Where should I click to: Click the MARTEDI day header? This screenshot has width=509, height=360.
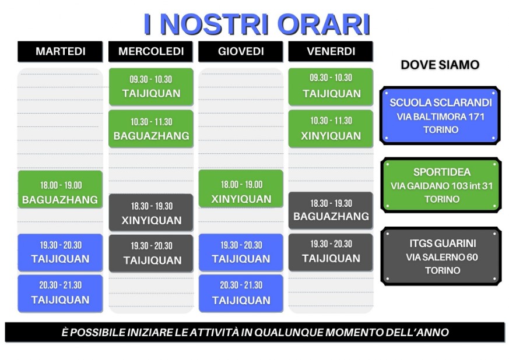point(60,51)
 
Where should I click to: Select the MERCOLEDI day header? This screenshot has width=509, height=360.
point(150,51)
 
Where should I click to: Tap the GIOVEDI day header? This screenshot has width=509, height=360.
point(241,51)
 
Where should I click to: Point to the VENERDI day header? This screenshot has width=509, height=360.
point(331,51)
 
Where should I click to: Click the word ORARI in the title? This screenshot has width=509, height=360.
point(324,24)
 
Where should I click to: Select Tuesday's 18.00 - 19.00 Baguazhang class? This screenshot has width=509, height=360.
point(61,189)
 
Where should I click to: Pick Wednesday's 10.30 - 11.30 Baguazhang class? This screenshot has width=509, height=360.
point(151,129)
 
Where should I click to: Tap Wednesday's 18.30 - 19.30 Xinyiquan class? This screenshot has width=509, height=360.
point(151,213)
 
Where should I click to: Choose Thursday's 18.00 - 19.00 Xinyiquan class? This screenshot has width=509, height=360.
point(241,189)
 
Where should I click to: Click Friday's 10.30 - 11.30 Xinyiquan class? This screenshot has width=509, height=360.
point(331,129)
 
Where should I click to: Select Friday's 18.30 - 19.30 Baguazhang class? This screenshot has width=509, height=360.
point(331,210)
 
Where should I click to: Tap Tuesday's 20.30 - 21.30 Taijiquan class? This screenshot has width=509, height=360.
point(61,294)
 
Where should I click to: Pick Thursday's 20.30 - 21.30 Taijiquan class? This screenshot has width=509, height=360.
point(241,294)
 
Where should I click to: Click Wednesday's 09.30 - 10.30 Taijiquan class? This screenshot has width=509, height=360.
point(151,87)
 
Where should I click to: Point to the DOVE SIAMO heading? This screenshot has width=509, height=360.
point(440,65)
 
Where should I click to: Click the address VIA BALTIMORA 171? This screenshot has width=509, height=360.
point(441,117)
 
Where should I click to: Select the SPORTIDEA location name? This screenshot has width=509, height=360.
point(442,172)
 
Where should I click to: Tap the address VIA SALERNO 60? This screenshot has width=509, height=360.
point(442,257)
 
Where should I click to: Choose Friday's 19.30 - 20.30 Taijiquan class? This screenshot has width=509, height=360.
point(331,252)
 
